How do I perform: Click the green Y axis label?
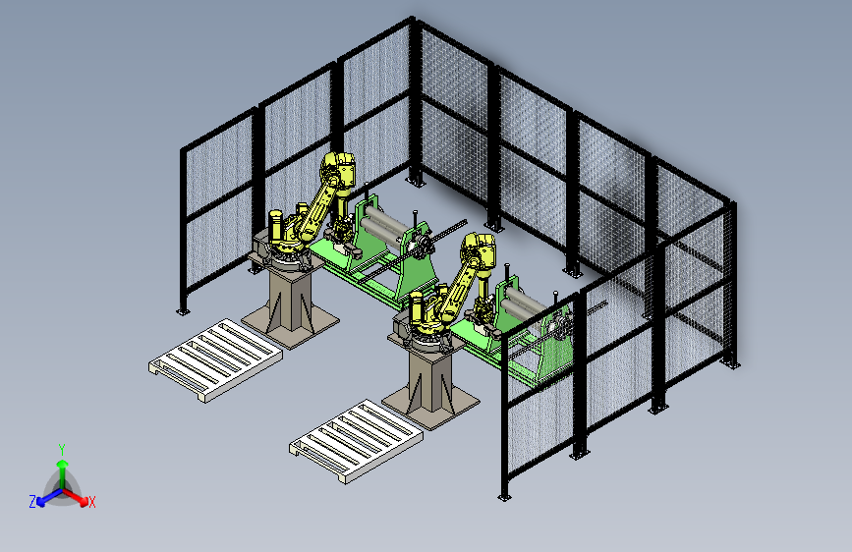click(x=62, y=449)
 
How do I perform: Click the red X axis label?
click(x=91, y=502)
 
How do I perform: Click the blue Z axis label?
click(x=32, y=502)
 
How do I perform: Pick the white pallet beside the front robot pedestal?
click(x=356, y=441)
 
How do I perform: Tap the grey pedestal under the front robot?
click(x=430, y=383)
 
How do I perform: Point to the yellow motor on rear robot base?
click(x=276, y=226)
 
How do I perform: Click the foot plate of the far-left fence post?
click(x=183, y=312)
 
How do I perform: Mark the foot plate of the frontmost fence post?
click(x=504, y=497)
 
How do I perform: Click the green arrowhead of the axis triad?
click(x=63, y=464)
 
